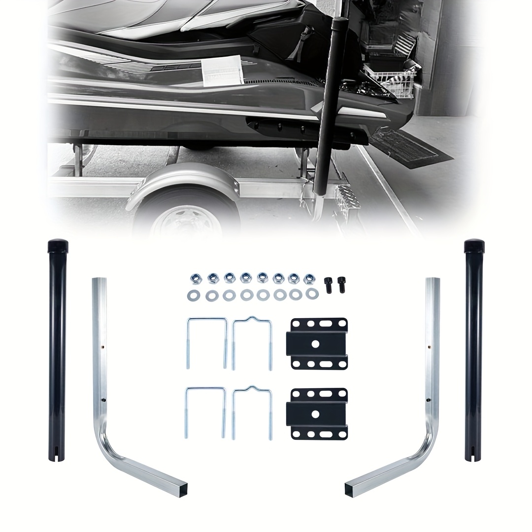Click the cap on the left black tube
pos(58,245)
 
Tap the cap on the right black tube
pos(474,245)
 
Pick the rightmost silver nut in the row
pos(309,279)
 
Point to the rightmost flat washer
pos(311,294)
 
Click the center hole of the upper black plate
pos(319,343)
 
